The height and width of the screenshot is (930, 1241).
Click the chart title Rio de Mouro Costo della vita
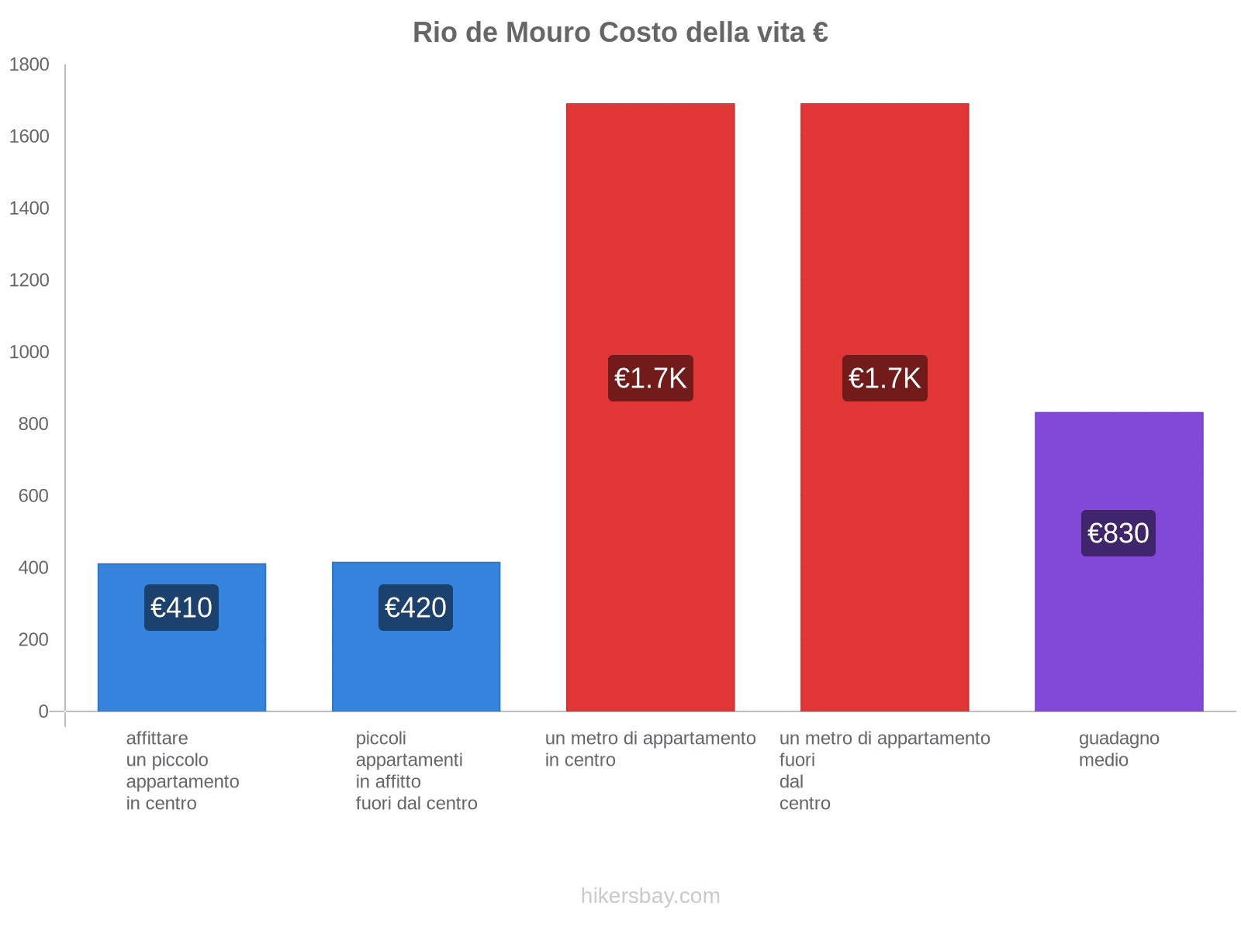pyautogui.click(x=620, y=33)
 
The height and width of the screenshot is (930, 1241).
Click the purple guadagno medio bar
pyautogui.click(x=1118, y=620)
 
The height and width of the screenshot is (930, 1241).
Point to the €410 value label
pyautogui.click(x=181, y=608)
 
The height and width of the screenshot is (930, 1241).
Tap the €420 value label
pyautogui.click(x=416, y=608)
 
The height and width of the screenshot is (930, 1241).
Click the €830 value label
pyautogui.click(x=1118, y=533)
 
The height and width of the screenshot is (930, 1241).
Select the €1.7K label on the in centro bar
pyautogui.click(x=650, y=378)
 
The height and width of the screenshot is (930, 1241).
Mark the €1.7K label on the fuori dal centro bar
pyautogui.click(x=884, y=378)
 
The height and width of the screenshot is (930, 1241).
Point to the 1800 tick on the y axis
pyautogui.click(x=29, y=65)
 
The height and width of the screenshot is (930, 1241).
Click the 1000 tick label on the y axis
pyautogui.click(x=29, y=353)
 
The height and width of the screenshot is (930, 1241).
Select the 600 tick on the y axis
pyautogui.click(x=34, y=496)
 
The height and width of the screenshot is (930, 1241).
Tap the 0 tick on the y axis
pyautogui.click(x=43, y=711)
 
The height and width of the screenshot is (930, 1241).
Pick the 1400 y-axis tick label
pyautogui.click(x=29, y=208)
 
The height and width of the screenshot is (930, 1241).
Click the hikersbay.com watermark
pyautogui.click(x=650, y=896)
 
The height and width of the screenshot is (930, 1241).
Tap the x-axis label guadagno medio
pyautogui.click(x=1118, y=749)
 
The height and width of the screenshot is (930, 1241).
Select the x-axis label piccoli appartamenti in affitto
pyautogui.click(x=416, y=771)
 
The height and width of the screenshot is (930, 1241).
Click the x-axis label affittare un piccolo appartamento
pyautogui.click(x=182, y=771)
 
